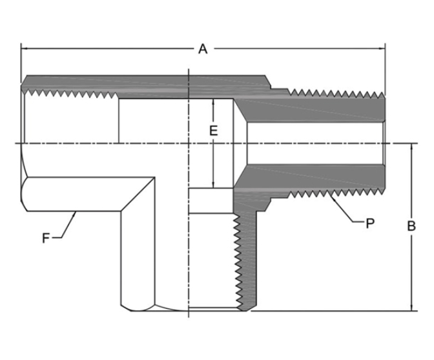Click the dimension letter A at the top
[x=203, y=49]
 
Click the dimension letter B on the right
[x=411, y=227]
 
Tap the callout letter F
[x=46, y=238]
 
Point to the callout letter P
[x=370, y=224]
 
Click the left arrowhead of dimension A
[x=25, y=48]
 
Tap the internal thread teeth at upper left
[x=71, y=94]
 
